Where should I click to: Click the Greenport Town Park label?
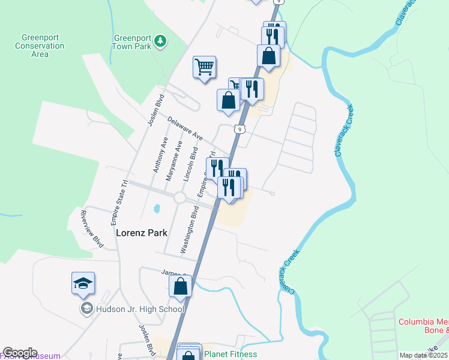point(132,41)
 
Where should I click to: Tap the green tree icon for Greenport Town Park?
point(160,41)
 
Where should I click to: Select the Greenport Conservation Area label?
point(40,46)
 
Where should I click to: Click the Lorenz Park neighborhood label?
point(141,232)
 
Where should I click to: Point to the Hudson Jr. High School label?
point(140,309)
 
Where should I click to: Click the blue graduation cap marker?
point(83,284)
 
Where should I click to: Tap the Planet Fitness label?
point(231,354)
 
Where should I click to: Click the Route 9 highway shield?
point(240,129)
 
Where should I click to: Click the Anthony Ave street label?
point(160,155)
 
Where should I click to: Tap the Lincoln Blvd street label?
point(193,159)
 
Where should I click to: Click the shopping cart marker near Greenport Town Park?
point(204,67)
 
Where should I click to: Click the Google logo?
point(20,353)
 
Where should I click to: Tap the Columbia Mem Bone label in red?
point(423,325)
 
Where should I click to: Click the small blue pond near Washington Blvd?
point(157,209)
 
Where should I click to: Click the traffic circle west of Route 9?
point(179,197)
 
